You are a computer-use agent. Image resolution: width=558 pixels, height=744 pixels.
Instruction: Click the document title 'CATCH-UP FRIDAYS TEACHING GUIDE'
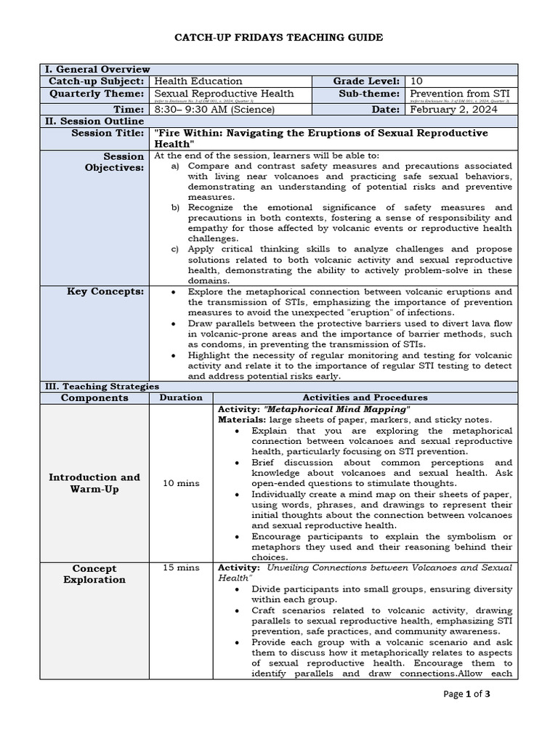coord(279,37)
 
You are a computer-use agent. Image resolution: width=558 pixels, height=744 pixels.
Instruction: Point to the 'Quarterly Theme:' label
coord(97,94)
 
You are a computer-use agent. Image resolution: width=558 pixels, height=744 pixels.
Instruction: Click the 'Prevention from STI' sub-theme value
coord(459,94)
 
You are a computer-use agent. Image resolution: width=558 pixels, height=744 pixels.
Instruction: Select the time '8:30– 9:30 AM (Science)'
coord(214,109)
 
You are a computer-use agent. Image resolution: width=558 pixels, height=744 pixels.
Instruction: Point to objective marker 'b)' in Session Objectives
coord(175,207)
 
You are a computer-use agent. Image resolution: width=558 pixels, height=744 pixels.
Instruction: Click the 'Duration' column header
coord(181,397)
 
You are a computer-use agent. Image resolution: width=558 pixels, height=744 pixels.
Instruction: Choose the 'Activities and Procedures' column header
coord(365,397)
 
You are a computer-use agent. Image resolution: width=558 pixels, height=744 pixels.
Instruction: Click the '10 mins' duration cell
coord(181,483)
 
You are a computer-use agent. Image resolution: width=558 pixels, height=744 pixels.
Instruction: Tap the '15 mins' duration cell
coord(181,567)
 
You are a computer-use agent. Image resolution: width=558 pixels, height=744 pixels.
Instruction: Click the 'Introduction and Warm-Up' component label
coord(94,483)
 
